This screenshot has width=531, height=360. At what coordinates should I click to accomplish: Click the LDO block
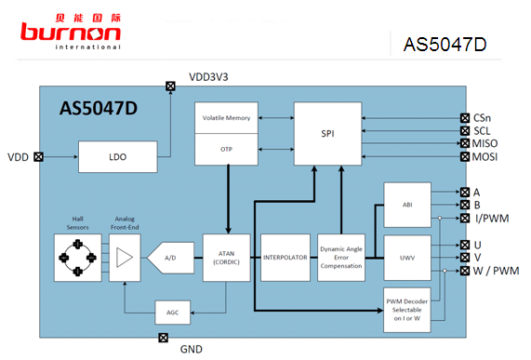[x=118, y=157]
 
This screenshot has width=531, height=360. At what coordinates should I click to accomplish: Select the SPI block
[x=328, y=134]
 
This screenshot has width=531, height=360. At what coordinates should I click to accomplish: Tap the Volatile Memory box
[x=226, y=118]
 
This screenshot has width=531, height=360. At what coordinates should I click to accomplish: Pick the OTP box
[x=226, y=150]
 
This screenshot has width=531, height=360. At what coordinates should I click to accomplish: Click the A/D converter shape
[x=171, y=258]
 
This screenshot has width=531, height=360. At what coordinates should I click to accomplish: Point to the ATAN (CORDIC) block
[x=227, y=258]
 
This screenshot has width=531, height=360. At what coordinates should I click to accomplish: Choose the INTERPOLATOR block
[x=285, y=258]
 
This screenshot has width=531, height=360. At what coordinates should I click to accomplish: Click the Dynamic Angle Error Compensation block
[x=341, y=258]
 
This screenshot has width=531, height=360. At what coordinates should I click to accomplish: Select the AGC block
[x=173, y=313]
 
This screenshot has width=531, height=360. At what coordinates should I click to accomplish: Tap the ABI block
[x=407, y=205]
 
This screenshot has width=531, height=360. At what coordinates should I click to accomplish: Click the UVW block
[x=407, y=258]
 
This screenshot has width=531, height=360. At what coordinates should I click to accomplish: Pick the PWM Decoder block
[x=407, y=310]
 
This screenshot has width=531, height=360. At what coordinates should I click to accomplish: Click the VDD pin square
[x=39, y=157]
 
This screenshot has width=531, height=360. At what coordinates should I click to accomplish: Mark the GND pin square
[x=164, y=338]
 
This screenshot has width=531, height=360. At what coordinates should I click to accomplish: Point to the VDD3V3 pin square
[x=171, y=86]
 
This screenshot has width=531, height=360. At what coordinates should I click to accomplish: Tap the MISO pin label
[x=485, y=143]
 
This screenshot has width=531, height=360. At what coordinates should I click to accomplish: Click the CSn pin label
[x=482, y=118]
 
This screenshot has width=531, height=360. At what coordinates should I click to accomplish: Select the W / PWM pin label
[x=496, y=271]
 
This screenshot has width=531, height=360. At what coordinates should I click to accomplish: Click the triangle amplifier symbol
[x=125, y=258]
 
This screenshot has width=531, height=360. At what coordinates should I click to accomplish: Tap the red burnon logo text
[x=71, y=32]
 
